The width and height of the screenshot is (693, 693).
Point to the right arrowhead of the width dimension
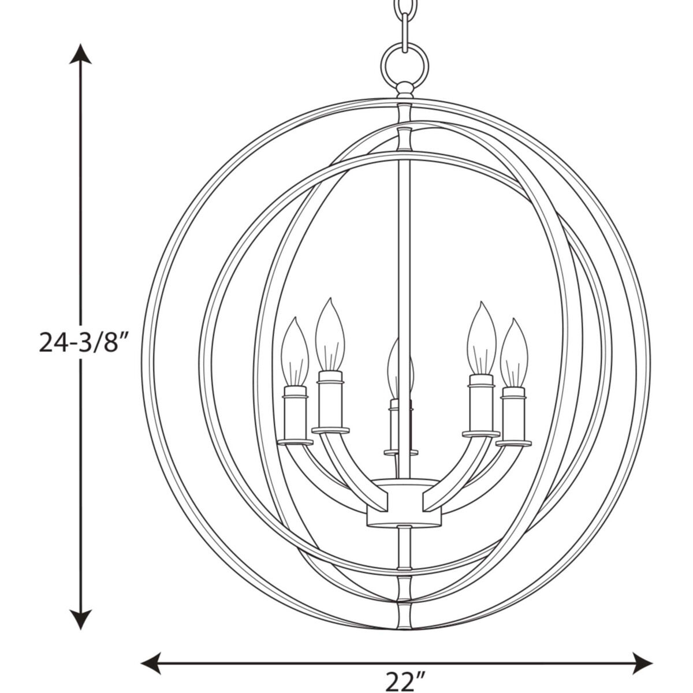(x=642, y=660)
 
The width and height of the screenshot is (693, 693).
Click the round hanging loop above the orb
(x=404, y=64)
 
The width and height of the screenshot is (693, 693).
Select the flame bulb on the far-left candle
(x=295, y=352)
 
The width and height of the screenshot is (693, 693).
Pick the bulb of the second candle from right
(x=481, y=338)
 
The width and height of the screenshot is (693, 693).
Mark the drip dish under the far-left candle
(x=296, y=442)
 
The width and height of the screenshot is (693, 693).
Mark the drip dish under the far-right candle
(x=513, y=443)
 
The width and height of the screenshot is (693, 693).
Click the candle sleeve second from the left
(x=331, y=401)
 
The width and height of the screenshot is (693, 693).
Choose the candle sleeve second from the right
(x=481, y=404)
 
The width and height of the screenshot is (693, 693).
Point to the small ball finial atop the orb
(x=404, y=89)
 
